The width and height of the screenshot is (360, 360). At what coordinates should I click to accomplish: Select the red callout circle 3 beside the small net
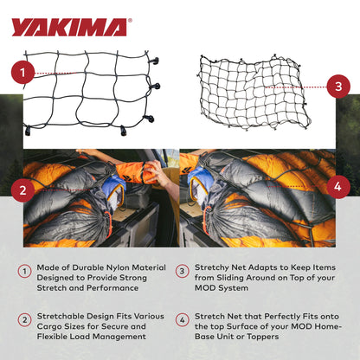click(x=337, y=86)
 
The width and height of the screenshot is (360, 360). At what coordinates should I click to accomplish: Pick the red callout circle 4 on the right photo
click(x=337, y=185)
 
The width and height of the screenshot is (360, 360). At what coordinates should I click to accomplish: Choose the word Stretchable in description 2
click(x=65, y=319)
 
